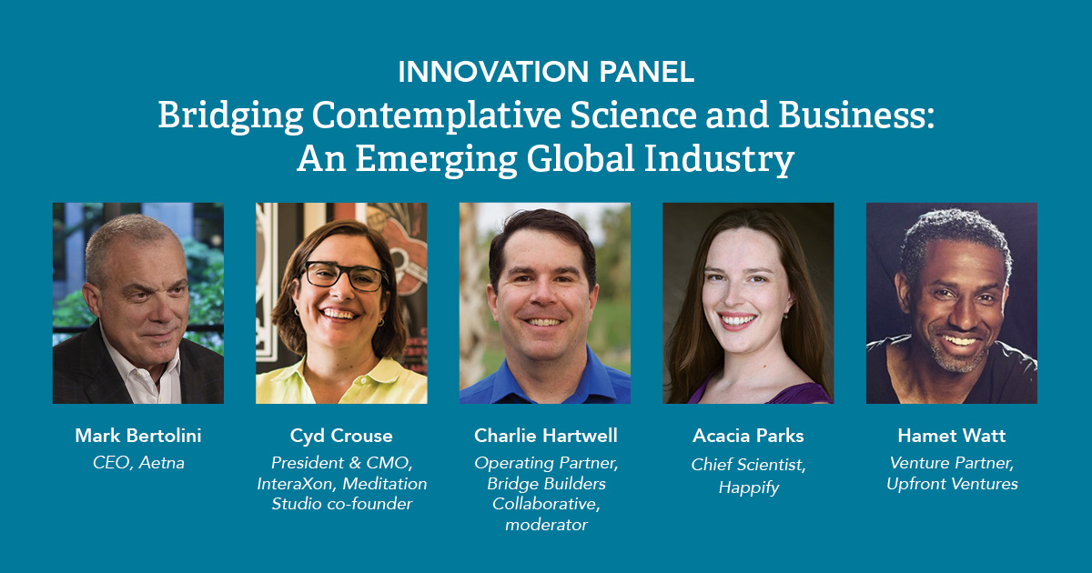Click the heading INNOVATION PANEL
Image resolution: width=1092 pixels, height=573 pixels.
[x=546, y=72]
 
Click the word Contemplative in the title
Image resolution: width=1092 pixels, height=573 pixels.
[x=436, y=117]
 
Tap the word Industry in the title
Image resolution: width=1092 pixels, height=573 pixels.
[x=719, y=159]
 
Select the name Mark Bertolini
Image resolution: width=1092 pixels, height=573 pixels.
[x=138, y=436]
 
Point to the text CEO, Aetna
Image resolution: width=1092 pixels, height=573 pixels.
[x=138, y=463]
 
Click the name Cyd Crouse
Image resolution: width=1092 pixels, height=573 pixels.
[x=341, y=436]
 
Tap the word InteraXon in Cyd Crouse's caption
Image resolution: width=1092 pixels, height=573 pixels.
[x=297, y=484]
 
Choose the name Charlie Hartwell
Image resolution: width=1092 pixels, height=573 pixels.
[x=545, y=436]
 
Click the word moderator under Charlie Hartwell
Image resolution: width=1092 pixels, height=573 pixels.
[x=546, y=525]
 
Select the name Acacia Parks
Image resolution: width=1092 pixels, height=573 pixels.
[x=748, y=436]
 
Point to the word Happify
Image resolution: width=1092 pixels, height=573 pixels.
[x=749, y=488]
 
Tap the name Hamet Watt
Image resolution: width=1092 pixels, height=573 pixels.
[x=952, y=436]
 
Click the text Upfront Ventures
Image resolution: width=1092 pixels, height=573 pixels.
[x=952, y=484]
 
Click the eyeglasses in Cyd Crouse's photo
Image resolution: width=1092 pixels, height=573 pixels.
[x=344, y=276]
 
